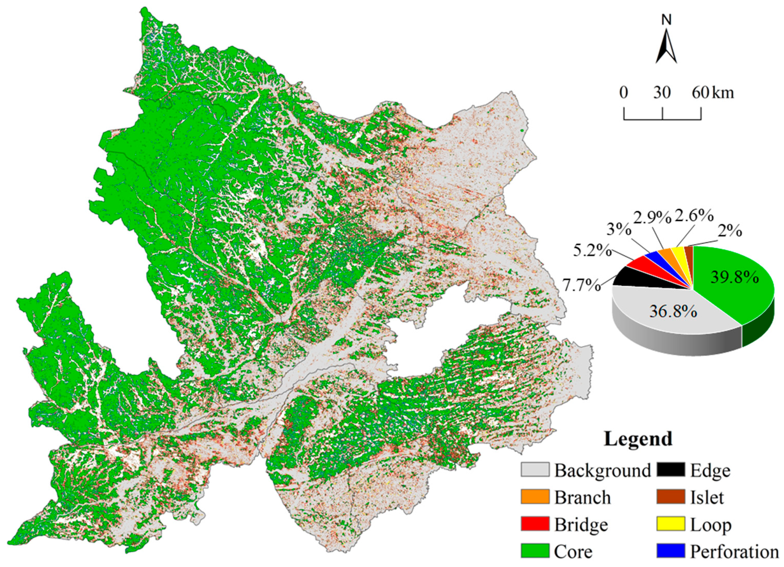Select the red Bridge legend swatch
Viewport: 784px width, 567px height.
coord(535,524)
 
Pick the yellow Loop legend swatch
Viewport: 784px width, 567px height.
coord(670,524)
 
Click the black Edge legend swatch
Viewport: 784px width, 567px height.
coord(670,470)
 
